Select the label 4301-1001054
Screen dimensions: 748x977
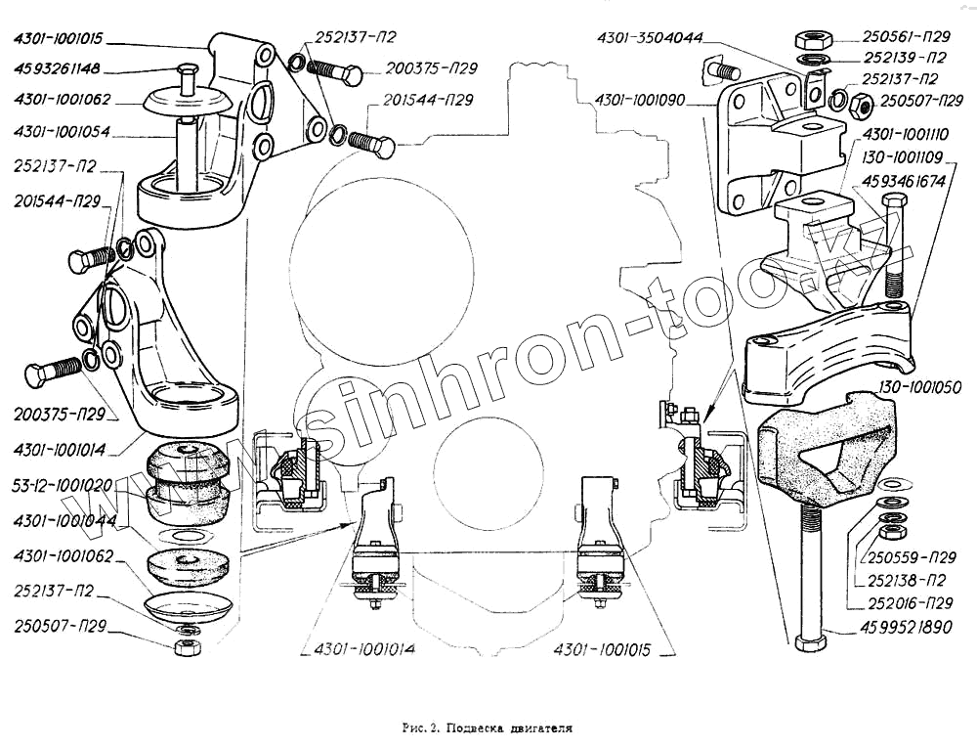[x=62, y=131]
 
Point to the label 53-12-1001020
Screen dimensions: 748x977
[x=61, y=484]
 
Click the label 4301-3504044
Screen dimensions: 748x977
[x=651, y=39]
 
